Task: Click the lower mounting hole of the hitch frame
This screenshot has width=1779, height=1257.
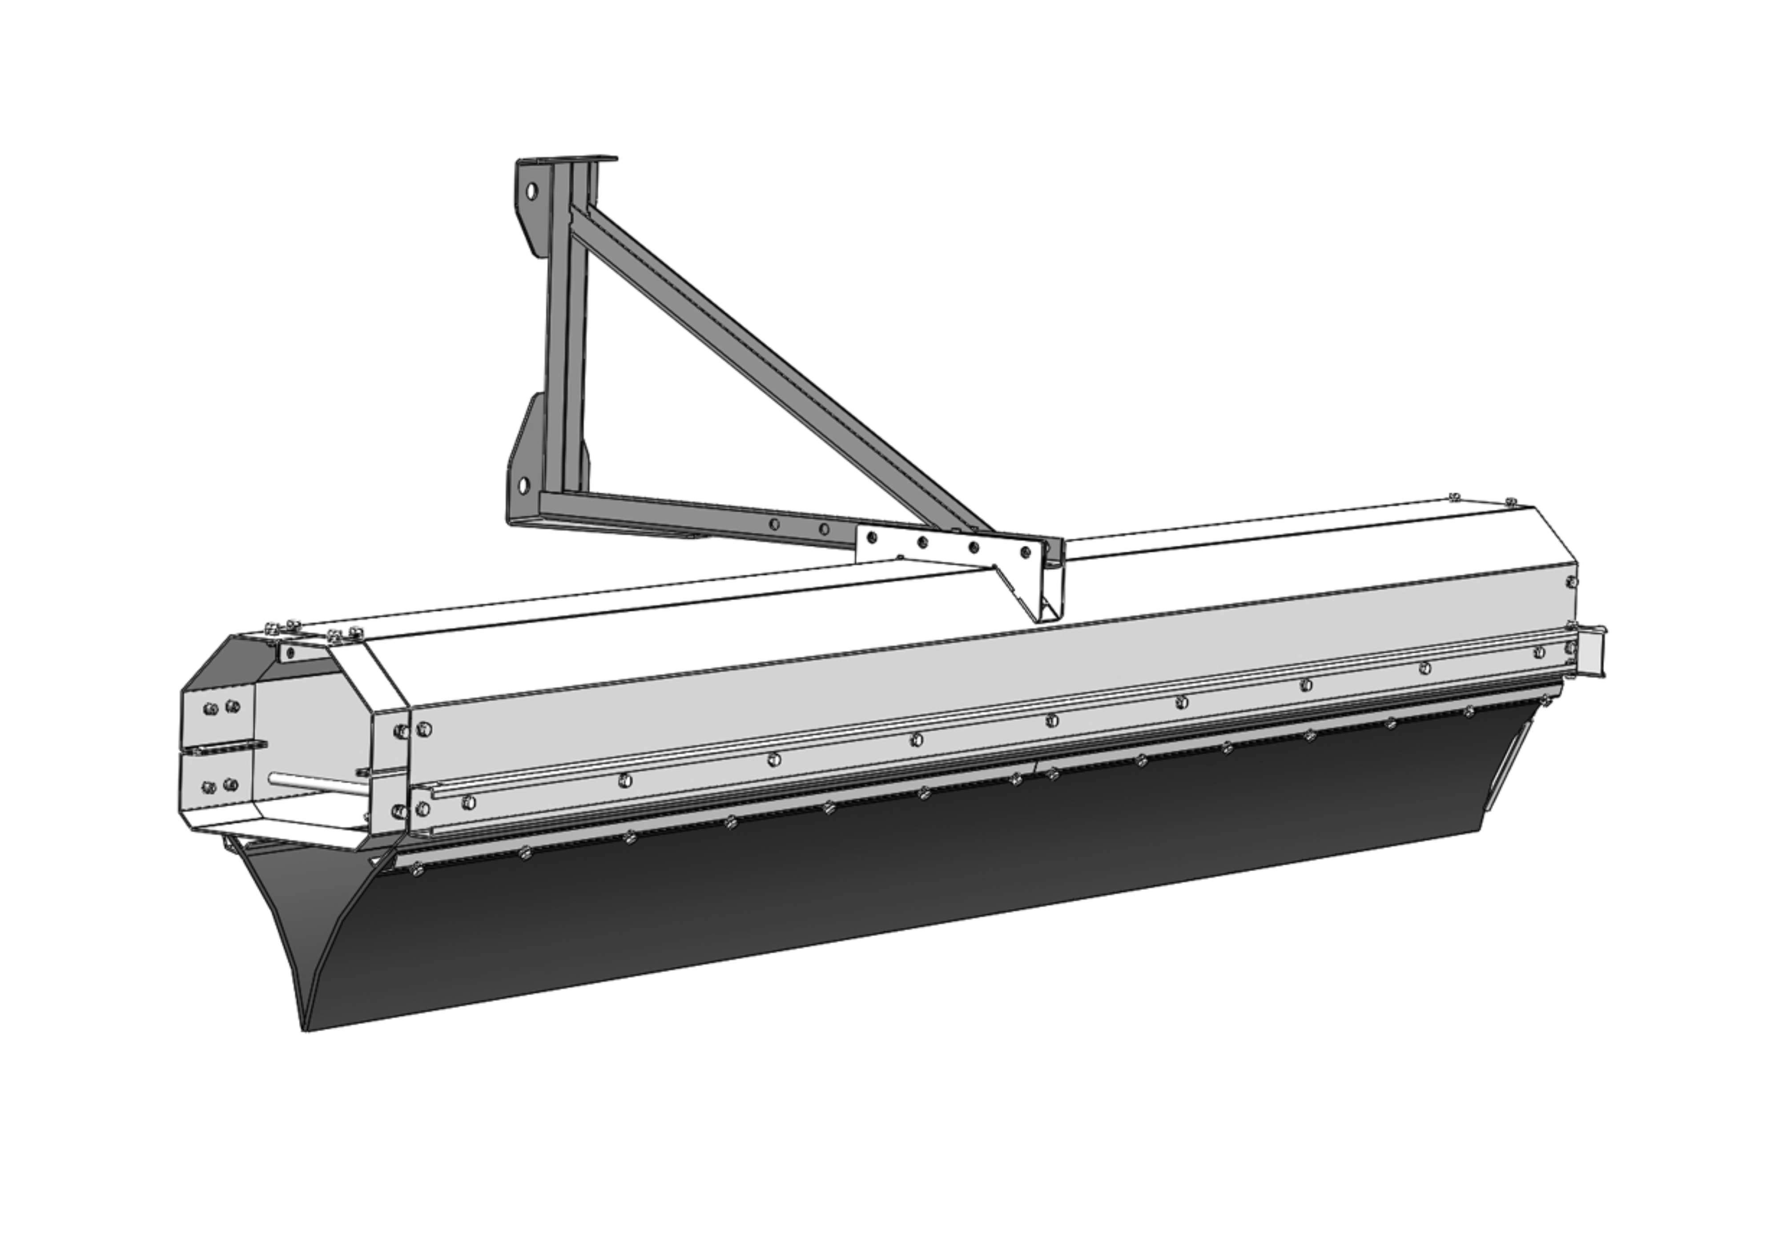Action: pos(523,485)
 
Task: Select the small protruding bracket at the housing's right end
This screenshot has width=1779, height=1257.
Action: pos(1588,651)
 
